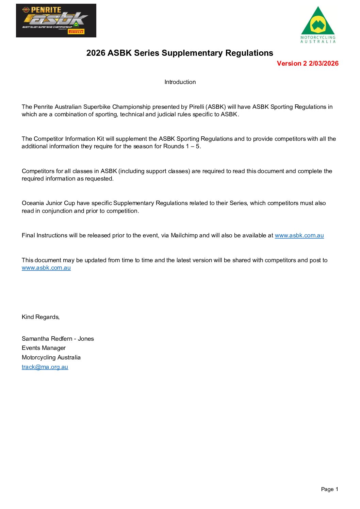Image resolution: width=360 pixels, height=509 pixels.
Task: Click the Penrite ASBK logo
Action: (56, 21)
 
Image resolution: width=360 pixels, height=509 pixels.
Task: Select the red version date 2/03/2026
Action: (324, 64)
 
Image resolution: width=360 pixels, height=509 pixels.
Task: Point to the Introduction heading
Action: (180, 82)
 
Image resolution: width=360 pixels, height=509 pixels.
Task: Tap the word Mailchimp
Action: (184, 235)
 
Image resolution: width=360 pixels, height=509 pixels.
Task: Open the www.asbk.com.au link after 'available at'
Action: (299, 235)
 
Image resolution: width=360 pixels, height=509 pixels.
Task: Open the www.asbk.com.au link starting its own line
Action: (46, 268)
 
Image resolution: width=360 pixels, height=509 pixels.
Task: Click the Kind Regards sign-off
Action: (40, 317)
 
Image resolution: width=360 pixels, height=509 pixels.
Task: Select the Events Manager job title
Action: (44, 348)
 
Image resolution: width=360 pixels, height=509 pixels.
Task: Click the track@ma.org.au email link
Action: (45, 367)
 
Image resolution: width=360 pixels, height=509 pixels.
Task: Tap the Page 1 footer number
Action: (329, 489)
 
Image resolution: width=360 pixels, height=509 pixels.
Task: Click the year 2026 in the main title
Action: (96, 53)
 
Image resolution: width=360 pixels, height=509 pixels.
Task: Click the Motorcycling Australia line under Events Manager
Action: (51, 357)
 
